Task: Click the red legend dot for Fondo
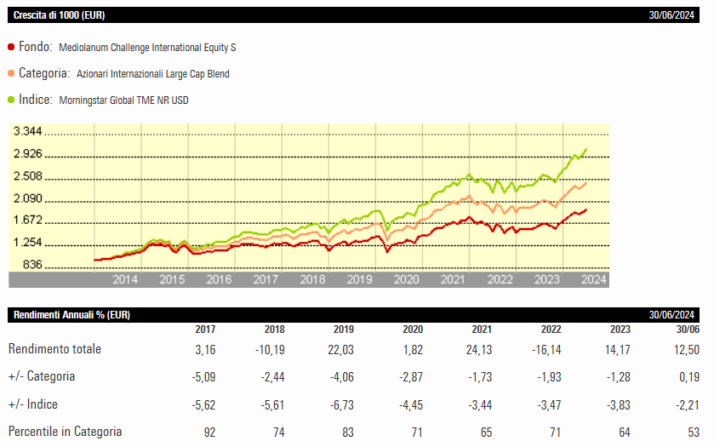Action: click(10, 48)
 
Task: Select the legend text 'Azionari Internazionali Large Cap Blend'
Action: click(152, 74)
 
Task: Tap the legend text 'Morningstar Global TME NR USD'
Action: click(124, 100)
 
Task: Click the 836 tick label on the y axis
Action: click(33, 266)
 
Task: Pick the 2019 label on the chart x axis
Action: click(360, 279)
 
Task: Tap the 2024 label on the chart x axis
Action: click(593, 279)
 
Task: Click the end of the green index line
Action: click(586, 150)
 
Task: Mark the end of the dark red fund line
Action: click(586, 209)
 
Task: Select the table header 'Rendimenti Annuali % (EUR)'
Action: click(71, 315)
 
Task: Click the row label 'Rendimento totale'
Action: click(54, 349)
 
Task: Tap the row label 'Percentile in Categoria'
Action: click(65, 432)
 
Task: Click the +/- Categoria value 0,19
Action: click(688, 376)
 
